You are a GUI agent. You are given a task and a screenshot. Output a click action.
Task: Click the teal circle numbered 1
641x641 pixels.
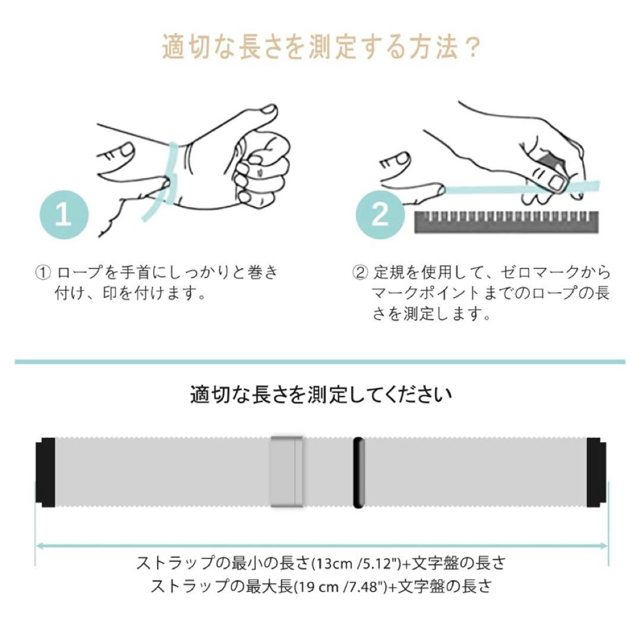(x=64, y=215)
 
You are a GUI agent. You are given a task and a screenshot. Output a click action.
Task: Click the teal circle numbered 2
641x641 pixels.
(x=380, y=215)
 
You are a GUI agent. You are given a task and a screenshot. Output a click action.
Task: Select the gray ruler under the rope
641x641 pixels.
(x=506, y=223)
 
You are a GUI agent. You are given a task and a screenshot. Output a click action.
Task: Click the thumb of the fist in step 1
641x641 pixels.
(x=262, y=116)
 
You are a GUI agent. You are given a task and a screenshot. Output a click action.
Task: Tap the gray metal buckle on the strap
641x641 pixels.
(x=287, y=472)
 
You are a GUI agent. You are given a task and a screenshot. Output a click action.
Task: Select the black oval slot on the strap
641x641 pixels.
(x=358, y=472)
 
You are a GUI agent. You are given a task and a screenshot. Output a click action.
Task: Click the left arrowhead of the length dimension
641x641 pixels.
(x=40, y=546)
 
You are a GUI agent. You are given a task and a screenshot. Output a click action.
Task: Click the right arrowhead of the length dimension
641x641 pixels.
(x=604, y=546)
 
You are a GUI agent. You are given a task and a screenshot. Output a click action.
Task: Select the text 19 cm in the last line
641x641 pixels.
(x=317, y=587)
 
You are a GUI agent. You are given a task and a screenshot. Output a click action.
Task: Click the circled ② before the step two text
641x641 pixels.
(x=360, y=272)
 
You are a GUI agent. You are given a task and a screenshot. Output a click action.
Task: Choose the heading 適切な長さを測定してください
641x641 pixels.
(x=321, y=395)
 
